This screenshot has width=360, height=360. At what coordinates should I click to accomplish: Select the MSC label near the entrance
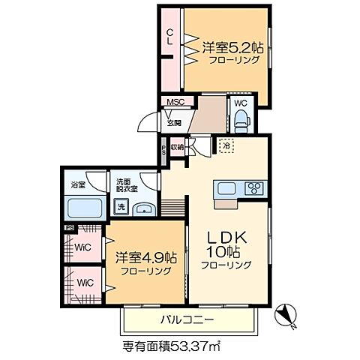click(175, 102)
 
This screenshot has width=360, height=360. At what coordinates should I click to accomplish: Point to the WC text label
click(241, 103)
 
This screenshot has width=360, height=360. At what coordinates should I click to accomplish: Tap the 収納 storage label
click(176, 147)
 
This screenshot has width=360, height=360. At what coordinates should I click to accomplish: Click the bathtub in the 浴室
click(84, 208)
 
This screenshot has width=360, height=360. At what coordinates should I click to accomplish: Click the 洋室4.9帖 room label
click(145, 255)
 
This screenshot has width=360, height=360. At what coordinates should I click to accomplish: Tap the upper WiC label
click(83, 245)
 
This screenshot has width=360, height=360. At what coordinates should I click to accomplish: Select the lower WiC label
click(83, 283)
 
